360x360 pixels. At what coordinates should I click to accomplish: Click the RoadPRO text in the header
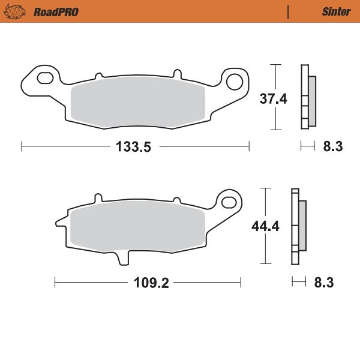[x=56, y=11]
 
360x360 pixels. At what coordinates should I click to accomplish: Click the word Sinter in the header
[x=336, y=11]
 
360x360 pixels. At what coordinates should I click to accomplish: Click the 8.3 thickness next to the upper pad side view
[x=332, y=146]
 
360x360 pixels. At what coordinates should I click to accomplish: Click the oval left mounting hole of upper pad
[x=45, y=78]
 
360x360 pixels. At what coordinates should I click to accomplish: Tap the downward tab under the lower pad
[x=122, y=257]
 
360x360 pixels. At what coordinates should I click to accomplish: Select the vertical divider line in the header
[x=288, y=11]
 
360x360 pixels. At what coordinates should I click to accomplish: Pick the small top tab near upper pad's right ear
[x=176, y=74]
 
